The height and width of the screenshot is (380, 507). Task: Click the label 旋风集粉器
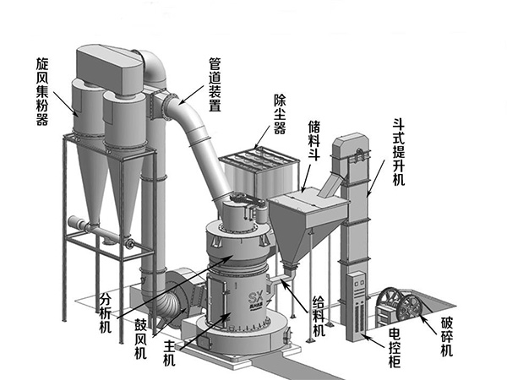(x=42, y=92)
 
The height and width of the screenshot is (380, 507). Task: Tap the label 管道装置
(x=215, y=84)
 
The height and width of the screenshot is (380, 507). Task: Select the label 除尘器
(x=280, y=114)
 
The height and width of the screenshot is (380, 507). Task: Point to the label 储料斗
(x=314, y=140)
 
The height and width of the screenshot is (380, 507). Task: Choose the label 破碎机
(x=447, y=336)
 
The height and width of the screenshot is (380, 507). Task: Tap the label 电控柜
(x=395, y=348)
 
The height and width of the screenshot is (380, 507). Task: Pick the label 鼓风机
(x=140, y=339)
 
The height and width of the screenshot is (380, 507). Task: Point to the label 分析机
(x=105, y=312)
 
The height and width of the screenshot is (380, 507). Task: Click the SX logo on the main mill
(x=255, y=297)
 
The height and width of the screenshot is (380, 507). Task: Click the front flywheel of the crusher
(x=411, y=308)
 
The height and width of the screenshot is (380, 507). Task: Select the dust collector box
(x=259, y=172)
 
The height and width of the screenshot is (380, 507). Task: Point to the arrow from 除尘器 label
(x=262, y=136)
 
